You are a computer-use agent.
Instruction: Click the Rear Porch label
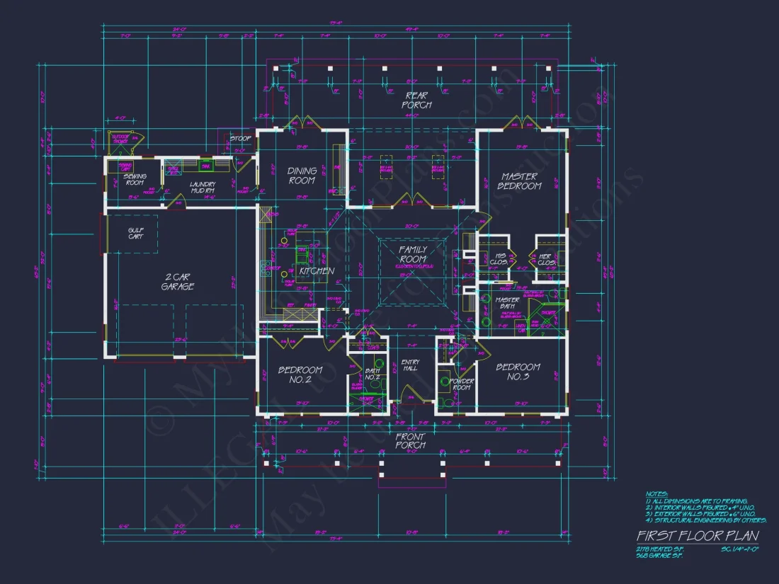pyautogui.click(x=418, y=100)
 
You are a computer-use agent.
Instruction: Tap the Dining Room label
pyautogui.click(x=302, y=176)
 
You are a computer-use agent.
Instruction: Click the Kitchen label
pyautogui.click(x=317, y=271)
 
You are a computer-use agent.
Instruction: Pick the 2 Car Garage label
pyautogui.click(x=177, y=282)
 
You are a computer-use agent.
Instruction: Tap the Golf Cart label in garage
pyautogui.click(x=135, y=233)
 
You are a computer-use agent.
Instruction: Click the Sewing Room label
pyautogui.click(x=135, y=181)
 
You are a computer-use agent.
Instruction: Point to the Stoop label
pyautogui.click(x=240, y=139)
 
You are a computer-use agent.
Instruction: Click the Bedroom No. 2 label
pyautogui.click(x=300, y=374)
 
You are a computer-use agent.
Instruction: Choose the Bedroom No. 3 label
pyautogui.click(x=518, y=372)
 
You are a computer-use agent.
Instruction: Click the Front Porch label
pyautogui.click(x=410, y=441)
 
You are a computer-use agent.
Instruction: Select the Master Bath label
pyautogui.click(x=507, y=303)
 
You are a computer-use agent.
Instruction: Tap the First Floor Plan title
pyautogui.click(x=697, y=536)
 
